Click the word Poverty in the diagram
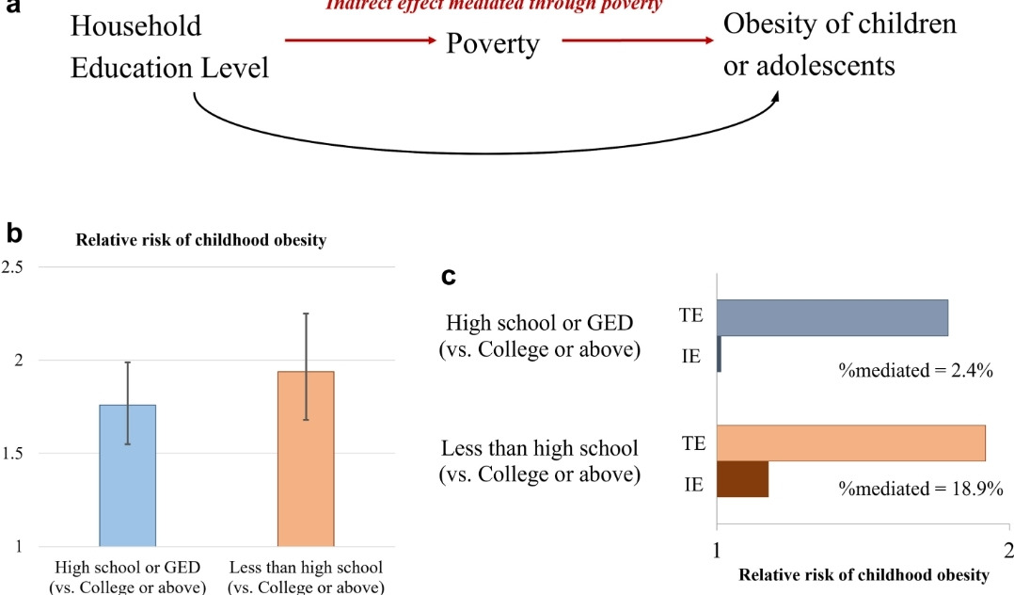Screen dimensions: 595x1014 [493, 44]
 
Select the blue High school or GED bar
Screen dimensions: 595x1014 [128, 475]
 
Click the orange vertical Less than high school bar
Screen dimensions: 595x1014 [306, 458]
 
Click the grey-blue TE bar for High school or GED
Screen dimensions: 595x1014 [832, 317]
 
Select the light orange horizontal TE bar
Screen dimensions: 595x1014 [851, 442]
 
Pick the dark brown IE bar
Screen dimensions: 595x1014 [743, 478]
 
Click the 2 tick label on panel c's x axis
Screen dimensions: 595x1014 [1008, 548]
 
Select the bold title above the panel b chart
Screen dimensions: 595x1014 [201, 240]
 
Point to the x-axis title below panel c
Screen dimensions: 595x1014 [863, 574]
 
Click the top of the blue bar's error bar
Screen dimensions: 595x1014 [128, 362]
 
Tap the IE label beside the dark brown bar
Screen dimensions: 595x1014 [693, 486]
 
